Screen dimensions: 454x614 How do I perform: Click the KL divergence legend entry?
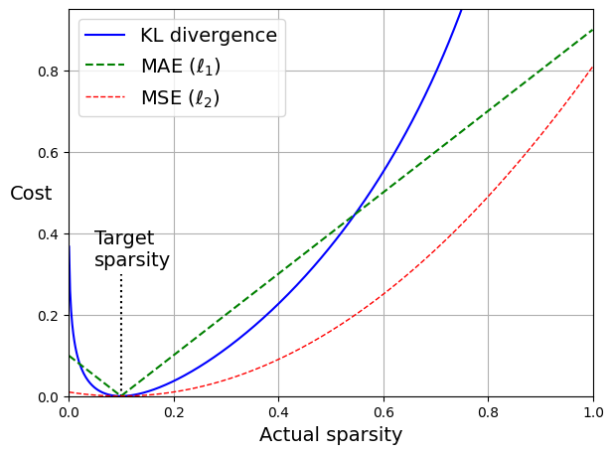coord(208,36)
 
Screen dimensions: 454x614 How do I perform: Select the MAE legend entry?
coord(180,67)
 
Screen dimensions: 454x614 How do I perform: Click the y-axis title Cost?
coord(31,194)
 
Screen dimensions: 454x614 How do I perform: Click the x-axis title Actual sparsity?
coord(331,435)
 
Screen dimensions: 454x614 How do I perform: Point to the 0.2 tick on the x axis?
coord(174,410)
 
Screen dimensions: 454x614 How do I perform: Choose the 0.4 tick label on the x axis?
coord(278,410)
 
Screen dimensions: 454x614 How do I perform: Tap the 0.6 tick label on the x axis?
coord(384,410)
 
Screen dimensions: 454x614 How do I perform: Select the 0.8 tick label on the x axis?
coord(488,410)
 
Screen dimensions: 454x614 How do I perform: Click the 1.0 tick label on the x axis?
coord(593,410)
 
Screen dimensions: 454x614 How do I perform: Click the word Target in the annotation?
coord(124,238)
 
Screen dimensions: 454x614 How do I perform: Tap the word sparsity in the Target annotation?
coord(132,260)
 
